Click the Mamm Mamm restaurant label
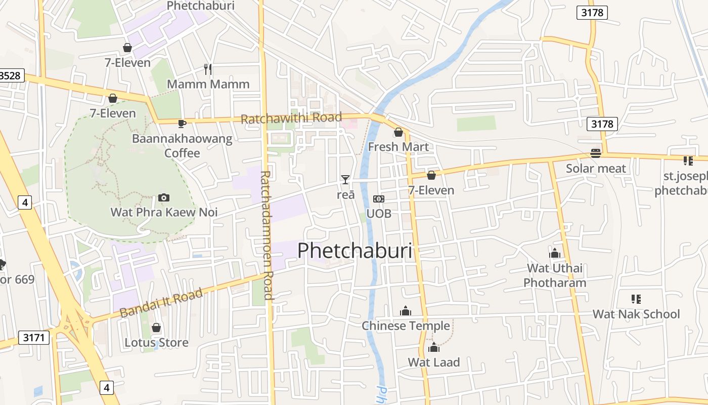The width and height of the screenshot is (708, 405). tap(208, 84)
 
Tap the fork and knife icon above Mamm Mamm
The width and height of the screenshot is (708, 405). tap(207, 69)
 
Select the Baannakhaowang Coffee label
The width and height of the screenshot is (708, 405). tap(182, 145)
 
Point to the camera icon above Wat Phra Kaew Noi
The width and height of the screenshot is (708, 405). tap(163, 197)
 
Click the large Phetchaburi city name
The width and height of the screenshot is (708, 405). tap(355, 251)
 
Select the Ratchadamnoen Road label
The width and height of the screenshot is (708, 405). tap(267, 235)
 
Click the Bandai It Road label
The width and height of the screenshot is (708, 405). tap(161, 302)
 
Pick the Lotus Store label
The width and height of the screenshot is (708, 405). tap(156, 343)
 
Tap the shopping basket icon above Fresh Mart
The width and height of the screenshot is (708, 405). tap(399, 132)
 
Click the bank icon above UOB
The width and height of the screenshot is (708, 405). tap(379, 199)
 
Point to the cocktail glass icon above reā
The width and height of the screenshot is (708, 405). tap(345, 179)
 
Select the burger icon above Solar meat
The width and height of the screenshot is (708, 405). tap(596, 153)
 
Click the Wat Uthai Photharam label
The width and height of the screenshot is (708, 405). tap(555, 275)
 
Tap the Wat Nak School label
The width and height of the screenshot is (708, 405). tap(636, 314)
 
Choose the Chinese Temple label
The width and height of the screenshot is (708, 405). tap(406, 326)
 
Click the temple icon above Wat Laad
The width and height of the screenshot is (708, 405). tap(434, 347)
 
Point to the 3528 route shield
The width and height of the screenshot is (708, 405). tap(10, 76)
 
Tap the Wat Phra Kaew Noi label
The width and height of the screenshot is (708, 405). tap(164, 212)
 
